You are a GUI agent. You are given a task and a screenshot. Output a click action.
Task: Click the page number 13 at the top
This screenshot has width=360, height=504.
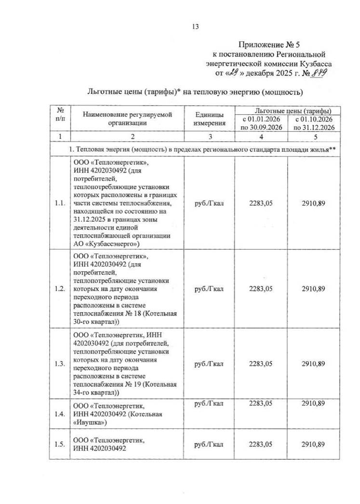click(x=195, y=27)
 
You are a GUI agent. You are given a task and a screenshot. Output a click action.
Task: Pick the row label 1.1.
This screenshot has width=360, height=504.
click(x=60, y=204)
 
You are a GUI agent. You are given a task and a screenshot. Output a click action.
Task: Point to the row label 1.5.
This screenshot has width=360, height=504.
click(x=60, y=444)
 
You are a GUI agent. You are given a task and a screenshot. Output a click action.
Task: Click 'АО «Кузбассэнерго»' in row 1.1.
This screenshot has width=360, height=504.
click(x=107, y=244)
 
